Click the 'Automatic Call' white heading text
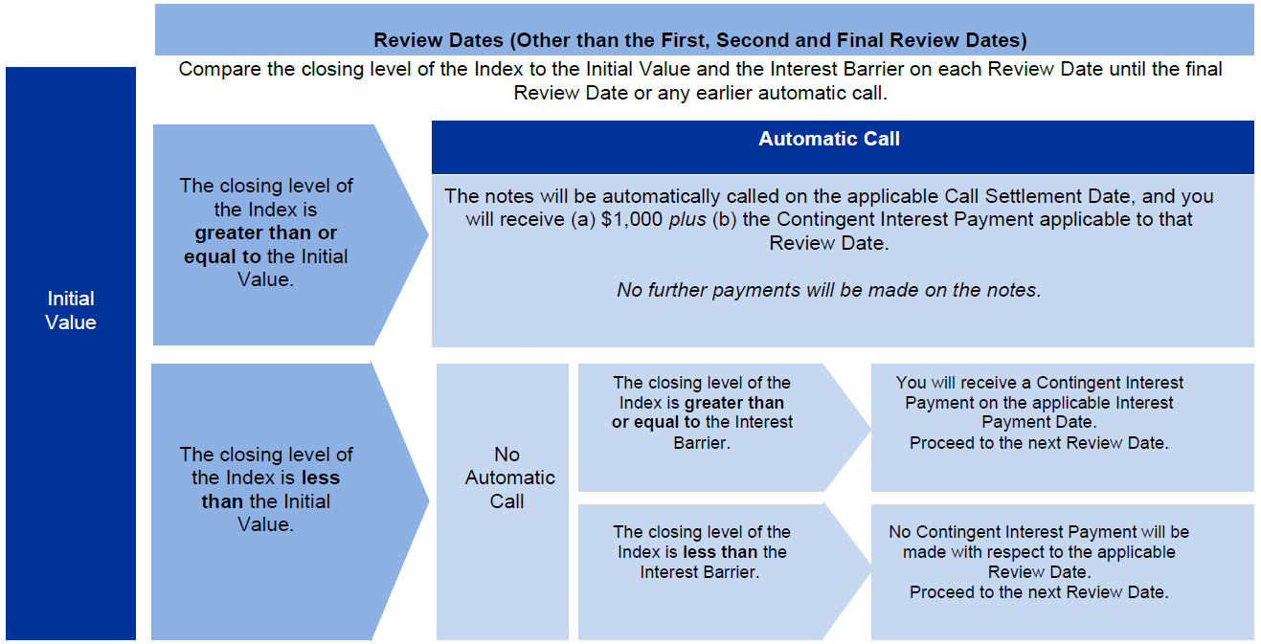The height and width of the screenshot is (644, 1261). pos(828,139)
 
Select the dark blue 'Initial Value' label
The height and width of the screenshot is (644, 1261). pos(71,353)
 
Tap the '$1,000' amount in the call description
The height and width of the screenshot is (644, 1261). pos(632,219)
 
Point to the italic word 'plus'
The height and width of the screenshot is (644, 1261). pos(687,220)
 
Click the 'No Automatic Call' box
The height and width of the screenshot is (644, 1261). pos(503,501)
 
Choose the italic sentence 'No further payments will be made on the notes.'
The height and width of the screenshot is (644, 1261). pos(828,290)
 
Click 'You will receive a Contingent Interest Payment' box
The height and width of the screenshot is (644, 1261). pos(1063,428)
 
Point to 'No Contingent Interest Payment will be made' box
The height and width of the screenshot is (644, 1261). pos(1063,572)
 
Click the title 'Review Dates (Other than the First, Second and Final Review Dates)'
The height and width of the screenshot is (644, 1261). pos(700,40)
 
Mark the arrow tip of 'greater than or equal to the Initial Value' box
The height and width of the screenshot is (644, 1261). pos(428,234)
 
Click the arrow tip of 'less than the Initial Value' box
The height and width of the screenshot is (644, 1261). pos(429,500)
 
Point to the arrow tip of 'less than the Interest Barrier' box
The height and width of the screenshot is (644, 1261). pos(870,573)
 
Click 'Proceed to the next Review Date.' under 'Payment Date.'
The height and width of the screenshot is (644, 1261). pos(1039,443)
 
